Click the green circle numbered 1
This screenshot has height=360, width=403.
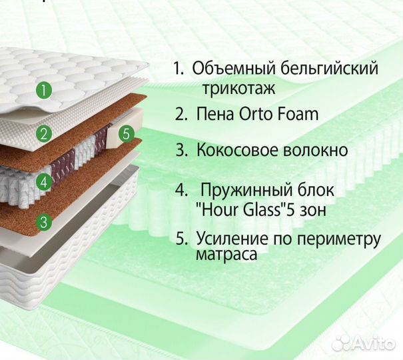click(43, 90)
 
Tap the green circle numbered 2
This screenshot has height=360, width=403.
click(45, 133)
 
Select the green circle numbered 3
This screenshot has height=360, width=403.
click(45, 222)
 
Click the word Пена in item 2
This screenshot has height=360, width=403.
click(216, 114)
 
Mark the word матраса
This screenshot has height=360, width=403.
click(226, 255)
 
